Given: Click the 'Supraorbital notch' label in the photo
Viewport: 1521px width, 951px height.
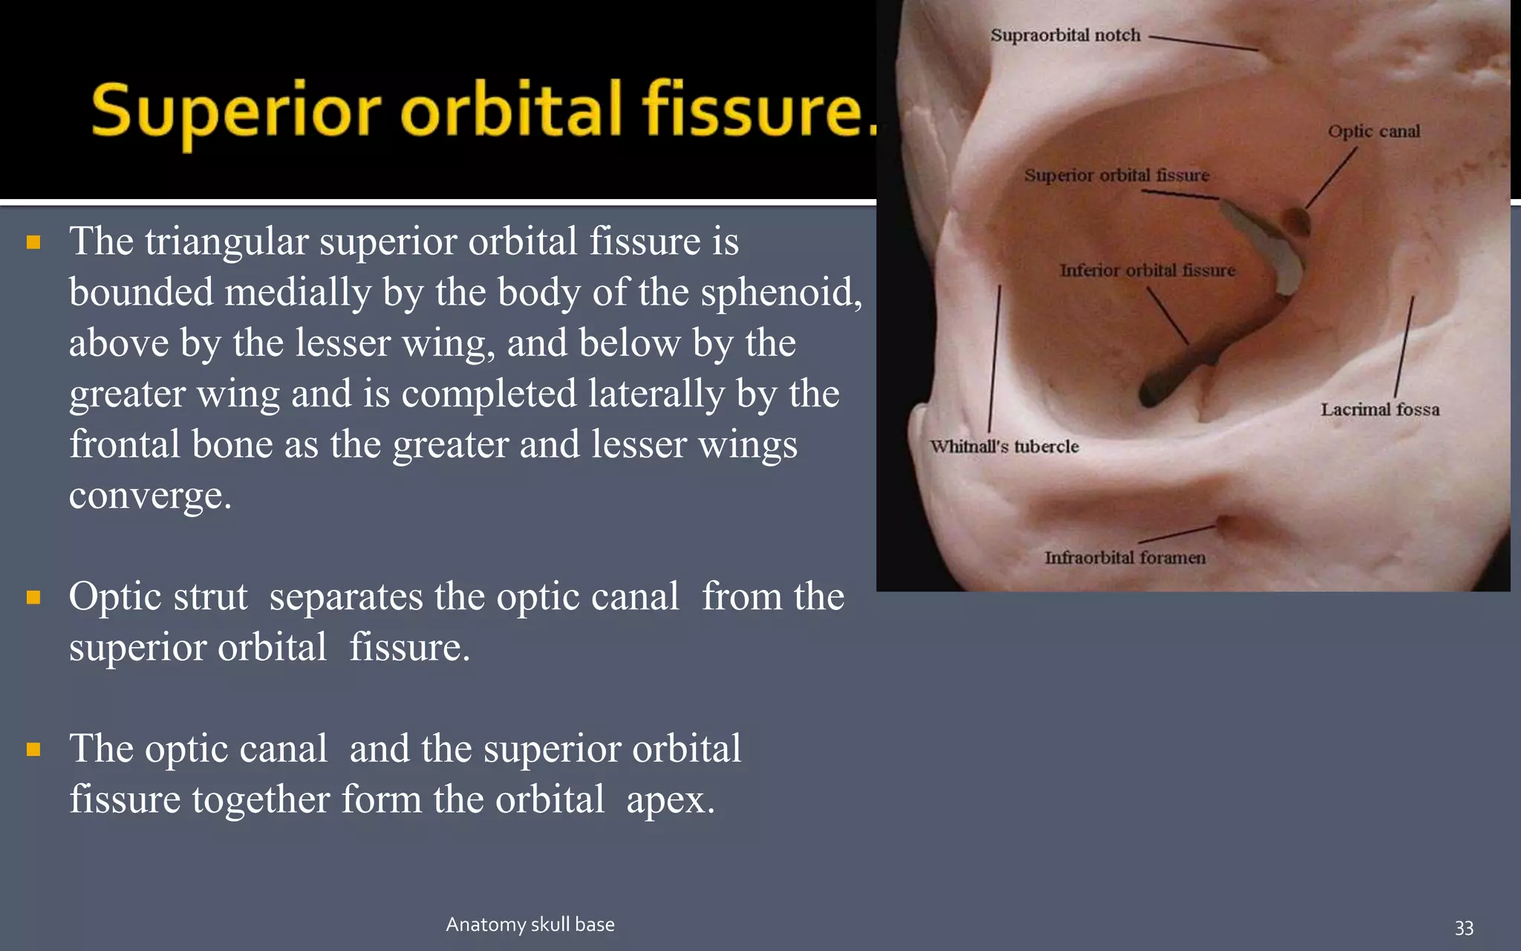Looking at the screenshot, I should pyautogui.click(x=1065, y=35).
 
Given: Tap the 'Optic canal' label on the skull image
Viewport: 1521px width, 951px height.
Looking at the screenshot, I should pyautogui.click(x=1373, y=132).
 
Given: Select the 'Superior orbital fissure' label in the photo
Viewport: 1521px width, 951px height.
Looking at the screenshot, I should pyautogui.click(x=1116, y=175).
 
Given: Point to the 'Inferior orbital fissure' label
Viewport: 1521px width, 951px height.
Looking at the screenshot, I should pyautogui.click(x=1147, y=270).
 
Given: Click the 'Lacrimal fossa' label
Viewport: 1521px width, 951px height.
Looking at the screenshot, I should pyautogui.click(x=1379, y=409).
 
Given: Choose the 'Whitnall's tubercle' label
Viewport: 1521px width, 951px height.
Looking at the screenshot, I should pyautogui.click(x=1004, y=447).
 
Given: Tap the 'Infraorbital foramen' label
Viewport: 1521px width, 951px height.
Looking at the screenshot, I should pyautogui.click(x=1124, y=557).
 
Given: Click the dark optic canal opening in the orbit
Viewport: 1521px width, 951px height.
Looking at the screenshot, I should pyautogui.click(x=1297, y=220).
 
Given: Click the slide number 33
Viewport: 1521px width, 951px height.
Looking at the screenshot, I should pyautogui.click(x=1463, y=927).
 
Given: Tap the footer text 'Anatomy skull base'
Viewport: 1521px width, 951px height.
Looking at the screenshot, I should pyautogui.click(x=530, y=924).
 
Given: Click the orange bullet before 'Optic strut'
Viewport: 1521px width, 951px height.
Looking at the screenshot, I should pyautogui.click(x=33, y=597).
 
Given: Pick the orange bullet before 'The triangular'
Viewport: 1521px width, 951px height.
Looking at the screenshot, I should pyautogui.click(x=33, y=242).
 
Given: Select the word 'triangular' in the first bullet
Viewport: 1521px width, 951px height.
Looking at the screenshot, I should pyautogui.click(x=227, y=242).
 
